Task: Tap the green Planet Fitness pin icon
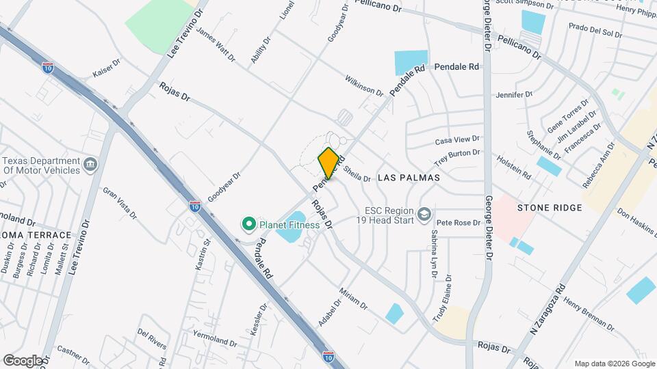click(248, 223)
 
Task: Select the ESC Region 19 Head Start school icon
click(425, 216)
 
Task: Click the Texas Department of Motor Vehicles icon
click(90, 164)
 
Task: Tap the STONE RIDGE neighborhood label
click(550, 207)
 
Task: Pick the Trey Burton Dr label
click(457, 158)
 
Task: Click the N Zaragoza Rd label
click(549, 308)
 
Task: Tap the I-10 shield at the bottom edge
click(329, 356)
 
